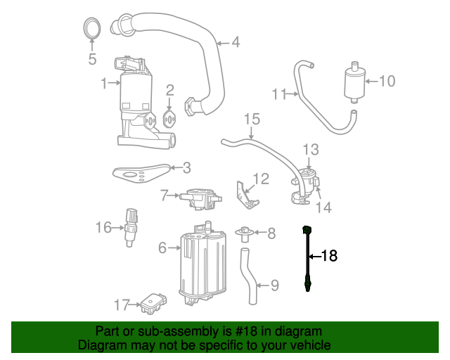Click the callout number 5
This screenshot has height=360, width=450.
92,59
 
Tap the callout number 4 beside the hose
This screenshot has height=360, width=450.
235,42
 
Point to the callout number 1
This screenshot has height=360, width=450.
104,84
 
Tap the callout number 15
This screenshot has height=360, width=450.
252,119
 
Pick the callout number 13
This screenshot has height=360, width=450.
311,149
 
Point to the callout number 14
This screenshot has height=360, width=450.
323,207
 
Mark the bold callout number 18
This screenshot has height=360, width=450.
330,256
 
